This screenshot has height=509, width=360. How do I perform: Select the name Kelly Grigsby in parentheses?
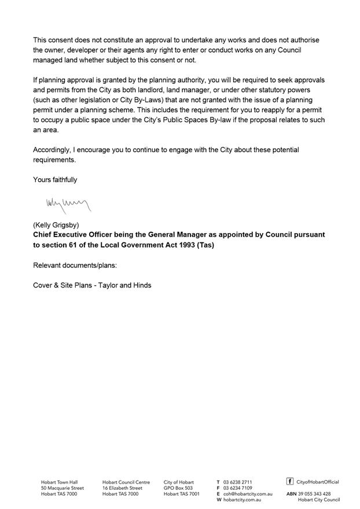pos(56,224)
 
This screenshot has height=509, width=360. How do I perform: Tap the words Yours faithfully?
pos(55,180)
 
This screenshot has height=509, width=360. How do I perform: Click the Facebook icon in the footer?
pos(290,481)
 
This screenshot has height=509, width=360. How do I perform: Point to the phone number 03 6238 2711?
pos(238,482)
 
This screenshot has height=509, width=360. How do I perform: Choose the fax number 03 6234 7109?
pos(238,488)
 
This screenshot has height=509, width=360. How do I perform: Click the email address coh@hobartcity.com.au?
pos(248,494)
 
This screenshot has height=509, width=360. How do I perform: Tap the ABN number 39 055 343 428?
pos(314,494)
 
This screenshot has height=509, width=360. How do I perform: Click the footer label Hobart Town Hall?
pos(59,482)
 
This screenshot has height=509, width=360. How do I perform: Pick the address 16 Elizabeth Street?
pos(122,488)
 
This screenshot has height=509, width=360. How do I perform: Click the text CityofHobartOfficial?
pos(318,482)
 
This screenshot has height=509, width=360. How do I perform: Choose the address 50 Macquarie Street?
pos(62,488)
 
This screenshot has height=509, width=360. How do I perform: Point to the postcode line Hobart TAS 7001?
pos(182,494)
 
